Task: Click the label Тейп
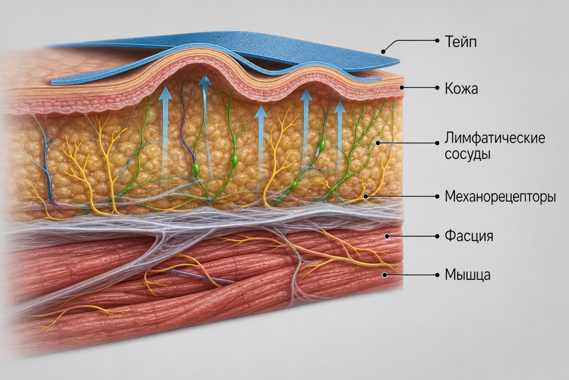point(460,42)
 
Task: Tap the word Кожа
point(461,89)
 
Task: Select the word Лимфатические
point(495,138)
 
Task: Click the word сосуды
point(468,154)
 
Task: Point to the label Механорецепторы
point(500,197)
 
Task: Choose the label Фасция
point(469,236)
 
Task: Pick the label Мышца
point(468,275)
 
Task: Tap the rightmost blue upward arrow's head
point(340,107)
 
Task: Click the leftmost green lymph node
point(195,169)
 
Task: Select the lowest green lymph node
point(294,185)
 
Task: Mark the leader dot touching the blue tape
point(384,52)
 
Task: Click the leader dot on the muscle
point(385,275)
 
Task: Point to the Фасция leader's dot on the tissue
point(387,236)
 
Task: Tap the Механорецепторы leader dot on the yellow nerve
point(366,197)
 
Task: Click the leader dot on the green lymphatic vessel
point(378,143)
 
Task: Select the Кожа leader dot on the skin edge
point(402,88)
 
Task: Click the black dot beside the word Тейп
point(437,40)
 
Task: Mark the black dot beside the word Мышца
point(437,275)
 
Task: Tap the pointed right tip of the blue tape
point(399,61)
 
